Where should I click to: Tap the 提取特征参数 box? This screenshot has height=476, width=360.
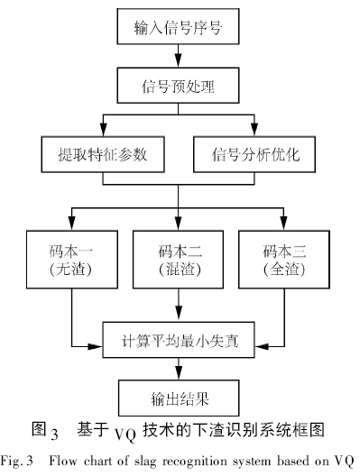tap(104, 155)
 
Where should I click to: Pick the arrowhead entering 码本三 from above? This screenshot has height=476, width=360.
tap(283, 224)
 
